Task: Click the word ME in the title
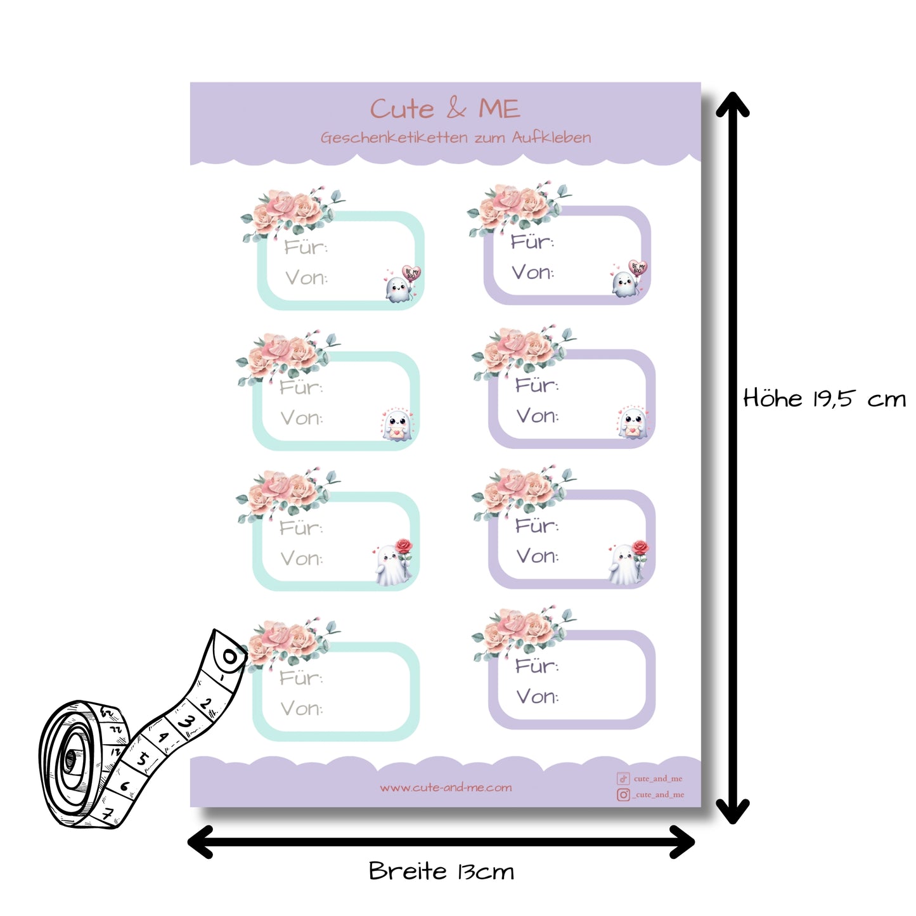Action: [499, 109]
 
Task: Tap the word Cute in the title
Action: [402, 109]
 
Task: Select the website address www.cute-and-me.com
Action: [446, 787]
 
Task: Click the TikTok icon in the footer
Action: [623, 778]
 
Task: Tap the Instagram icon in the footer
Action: [623, 794]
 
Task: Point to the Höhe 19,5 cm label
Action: [824, 399]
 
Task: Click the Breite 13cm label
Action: [441, 871]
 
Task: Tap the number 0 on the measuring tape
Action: [229, 657]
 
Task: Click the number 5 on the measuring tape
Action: [144, 758]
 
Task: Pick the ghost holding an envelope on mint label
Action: [397, 425]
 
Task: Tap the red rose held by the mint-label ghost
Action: [403, 546]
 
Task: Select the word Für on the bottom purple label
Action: [536, 666]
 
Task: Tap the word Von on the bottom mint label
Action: [301, 708]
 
